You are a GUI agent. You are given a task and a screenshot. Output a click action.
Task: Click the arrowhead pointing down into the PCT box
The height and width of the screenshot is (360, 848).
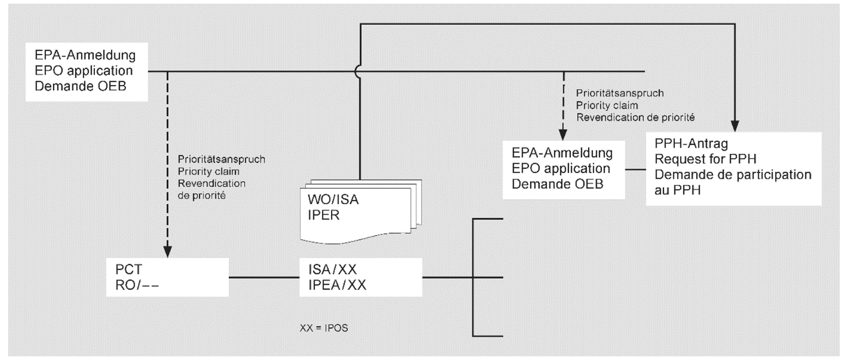click(167, 251)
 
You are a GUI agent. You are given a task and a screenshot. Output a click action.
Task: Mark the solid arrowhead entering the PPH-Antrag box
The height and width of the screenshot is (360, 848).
click(735, 125)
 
